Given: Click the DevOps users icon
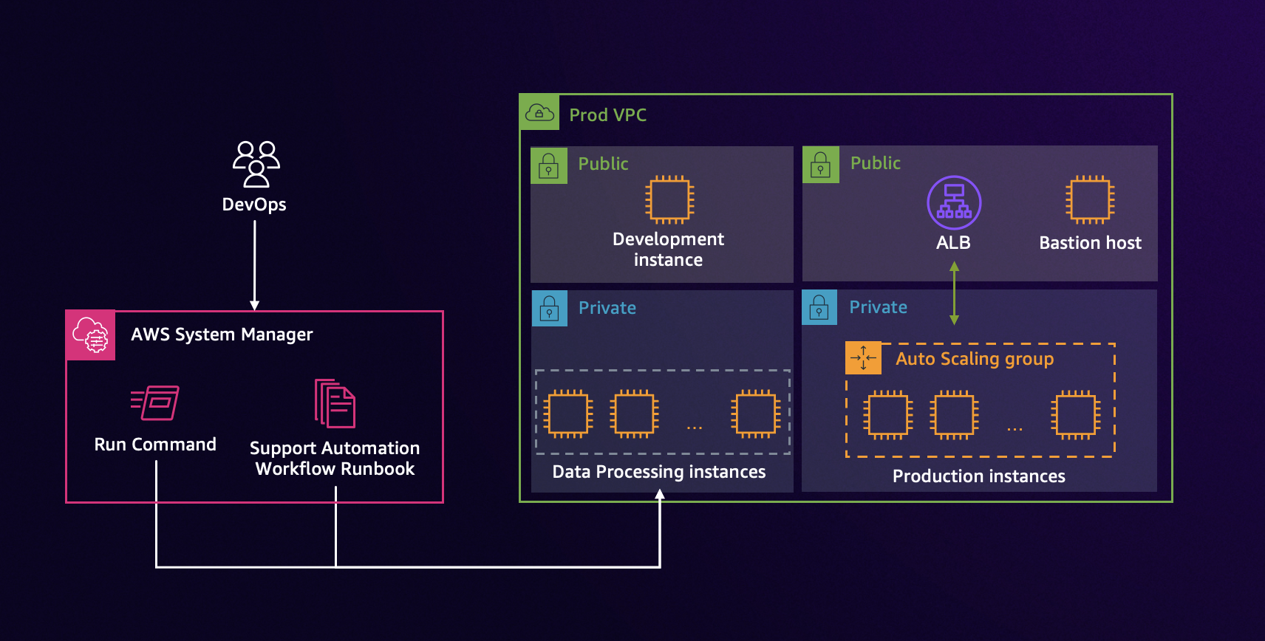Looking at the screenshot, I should click(256, 164).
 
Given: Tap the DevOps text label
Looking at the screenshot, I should click(254, 205).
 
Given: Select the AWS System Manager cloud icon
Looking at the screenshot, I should click(90, 335).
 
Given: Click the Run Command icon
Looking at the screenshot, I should click(155, 403).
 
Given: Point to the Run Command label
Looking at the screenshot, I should click(155, 445).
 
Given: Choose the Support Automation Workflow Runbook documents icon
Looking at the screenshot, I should click(335, 404).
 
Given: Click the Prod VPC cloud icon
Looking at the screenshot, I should click(539, 113).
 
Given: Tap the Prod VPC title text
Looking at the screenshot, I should click(607, 115).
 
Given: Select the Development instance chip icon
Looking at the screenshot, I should click(669, 199).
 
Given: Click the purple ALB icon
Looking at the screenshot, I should click(954, 202).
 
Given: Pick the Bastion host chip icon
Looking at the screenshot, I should click(1090, 199).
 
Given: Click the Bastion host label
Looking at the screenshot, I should click(1090, 243).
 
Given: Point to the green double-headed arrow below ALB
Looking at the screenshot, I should click(954, 293).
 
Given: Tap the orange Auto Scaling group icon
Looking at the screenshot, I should click(863, 358).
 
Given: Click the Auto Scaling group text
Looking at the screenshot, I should click(975, 359).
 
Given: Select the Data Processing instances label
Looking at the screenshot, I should click(658, 472).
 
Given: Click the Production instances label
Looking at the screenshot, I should click(978, 476).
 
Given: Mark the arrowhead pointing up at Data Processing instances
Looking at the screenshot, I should click(660, 495).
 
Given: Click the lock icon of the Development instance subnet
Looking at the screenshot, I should click(549, 165).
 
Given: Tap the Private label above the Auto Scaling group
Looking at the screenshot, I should click(878, 307).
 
